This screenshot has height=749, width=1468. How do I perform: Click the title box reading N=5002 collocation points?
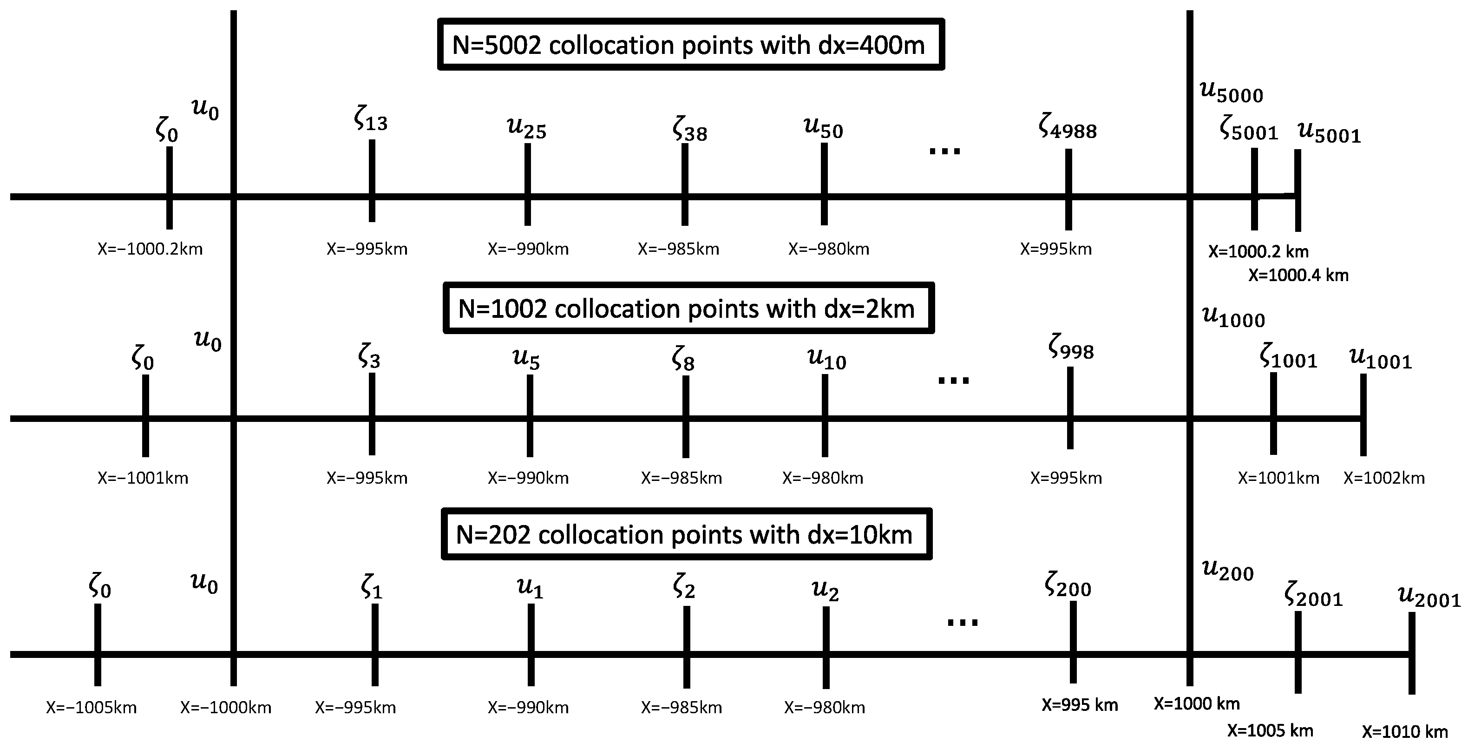tap(690, 45)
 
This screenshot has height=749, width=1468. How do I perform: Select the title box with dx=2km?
tap(688, 309)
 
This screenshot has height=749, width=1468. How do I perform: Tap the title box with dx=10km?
tap(686, 534)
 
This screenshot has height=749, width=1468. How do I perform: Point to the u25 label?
tap(526, 128)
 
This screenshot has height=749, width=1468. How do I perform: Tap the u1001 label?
tap(1380, 359)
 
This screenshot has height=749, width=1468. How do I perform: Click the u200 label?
tap(1227, 570)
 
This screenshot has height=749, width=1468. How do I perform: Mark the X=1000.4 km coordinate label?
tap(1298, 276)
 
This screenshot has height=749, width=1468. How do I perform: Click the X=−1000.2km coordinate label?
tap(150, 250)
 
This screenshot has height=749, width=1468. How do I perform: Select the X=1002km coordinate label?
tap(1383, 478)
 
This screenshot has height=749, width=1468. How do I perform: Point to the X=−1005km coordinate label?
tap(91, 707)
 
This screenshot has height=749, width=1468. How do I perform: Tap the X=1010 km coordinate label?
tap(1405, 732)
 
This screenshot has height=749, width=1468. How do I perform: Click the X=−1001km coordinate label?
tap(143, 478)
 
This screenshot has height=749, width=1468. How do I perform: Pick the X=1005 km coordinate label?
tap(1270, 731)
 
